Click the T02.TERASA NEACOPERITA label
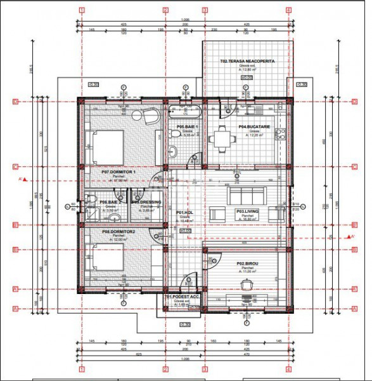(247, 62)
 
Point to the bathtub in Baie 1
(184, 112)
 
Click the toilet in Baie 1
(173, 150)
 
